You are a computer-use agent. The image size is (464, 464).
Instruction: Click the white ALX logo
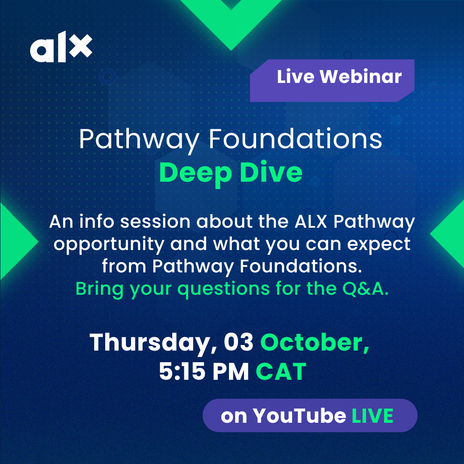[61, 47]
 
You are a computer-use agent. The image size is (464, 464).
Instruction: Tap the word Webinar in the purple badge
[361, 76]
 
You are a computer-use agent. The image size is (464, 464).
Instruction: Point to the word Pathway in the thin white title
[139, 141]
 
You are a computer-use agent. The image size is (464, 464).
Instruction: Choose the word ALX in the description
[311, 221]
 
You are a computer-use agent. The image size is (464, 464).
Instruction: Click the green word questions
[223, 290]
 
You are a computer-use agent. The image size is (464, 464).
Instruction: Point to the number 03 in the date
[238, 342]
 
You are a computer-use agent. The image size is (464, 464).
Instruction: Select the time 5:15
[182, 371]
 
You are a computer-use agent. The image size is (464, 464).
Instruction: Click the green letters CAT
[281, 371]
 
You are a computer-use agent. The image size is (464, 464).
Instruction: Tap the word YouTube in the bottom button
[299, 415]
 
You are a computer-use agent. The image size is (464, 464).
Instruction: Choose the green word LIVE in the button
[372, 415]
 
